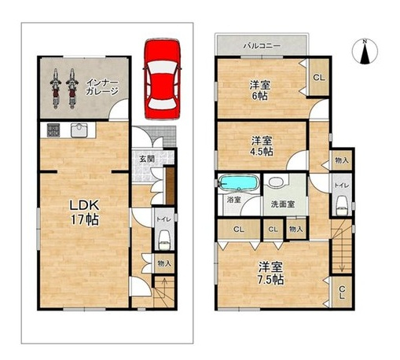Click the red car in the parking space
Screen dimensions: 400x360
click(x=163, y=79)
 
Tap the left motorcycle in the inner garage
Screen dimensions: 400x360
click(x=56, y=89)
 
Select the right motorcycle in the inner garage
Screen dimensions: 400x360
click(x=72, y=89)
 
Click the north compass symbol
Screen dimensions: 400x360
click(x=365, y=52)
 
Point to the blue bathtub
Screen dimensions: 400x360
click(x=238, y=182)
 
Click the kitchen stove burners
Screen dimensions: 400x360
click(x=53, y=130)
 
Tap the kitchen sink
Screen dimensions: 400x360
click(x=79, y=130)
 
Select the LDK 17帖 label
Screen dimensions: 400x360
click(x=84, y=212)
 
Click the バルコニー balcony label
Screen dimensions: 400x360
click(x=262, y=46)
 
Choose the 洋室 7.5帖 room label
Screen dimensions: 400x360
click(x=270, y=274)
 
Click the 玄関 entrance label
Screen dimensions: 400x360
click(x=147, y=159)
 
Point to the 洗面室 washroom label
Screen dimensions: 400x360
click(x=282, y=204)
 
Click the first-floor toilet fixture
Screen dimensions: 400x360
click(x=164, y=240)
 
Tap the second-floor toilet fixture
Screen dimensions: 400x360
click(x=342, y=206)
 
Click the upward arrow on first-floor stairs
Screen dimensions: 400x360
click(x=164, y=292)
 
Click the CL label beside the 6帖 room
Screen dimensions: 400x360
click(x=319, y=78)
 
